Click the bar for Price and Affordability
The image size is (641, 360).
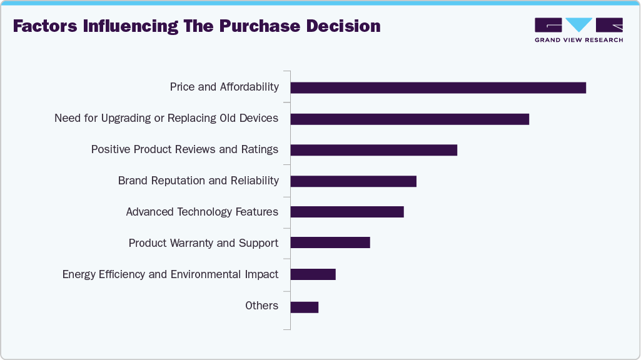click(438, 87)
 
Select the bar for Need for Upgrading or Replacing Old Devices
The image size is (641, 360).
click(410, 119)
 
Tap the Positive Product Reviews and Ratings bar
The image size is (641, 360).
click(373, 150)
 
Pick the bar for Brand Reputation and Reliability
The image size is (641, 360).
click(353, 181)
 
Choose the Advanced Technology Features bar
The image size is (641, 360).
click(347, 212)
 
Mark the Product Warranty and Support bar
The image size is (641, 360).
click(330, 242)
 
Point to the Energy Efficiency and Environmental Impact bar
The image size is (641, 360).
click(313, 274)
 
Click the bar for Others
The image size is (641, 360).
click(305, 307)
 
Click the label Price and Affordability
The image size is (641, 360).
click(224, 87)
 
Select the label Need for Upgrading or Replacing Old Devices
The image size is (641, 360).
click(166, 118)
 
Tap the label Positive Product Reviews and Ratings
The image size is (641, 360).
click(184, 149)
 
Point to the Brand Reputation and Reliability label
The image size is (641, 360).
click(198, 181)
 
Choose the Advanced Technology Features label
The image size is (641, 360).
click(202, 212)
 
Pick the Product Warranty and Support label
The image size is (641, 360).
click(203, 243)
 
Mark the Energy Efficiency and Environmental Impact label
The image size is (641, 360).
click(170, 274)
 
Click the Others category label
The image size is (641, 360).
click(261, 306)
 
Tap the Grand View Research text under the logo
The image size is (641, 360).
click(578, 40)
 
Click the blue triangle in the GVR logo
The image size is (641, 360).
click(580, 24)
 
